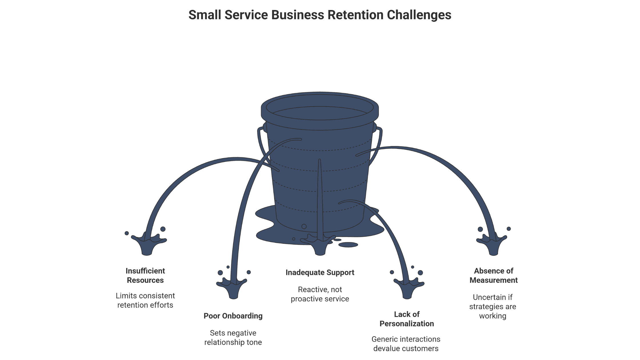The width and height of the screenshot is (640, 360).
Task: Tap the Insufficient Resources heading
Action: tap(145, 275)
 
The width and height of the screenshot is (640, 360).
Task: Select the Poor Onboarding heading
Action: tap(233, 316)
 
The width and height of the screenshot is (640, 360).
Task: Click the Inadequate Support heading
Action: tap(320, 273)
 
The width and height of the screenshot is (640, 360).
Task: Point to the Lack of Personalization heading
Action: tap(407, 319)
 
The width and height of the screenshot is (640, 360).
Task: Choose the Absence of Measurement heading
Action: tap(493, 275)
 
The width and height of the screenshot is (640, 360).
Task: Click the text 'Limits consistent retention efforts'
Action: tap(145, 300)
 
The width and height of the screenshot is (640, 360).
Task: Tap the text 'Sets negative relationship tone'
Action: tap(233, 338)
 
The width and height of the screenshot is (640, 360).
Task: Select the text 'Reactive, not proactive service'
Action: tap(320, 294)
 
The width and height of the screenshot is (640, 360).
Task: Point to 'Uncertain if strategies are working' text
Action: tap(493, 307)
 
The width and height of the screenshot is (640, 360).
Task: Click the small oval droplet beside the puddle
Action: tap(348, 245)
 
